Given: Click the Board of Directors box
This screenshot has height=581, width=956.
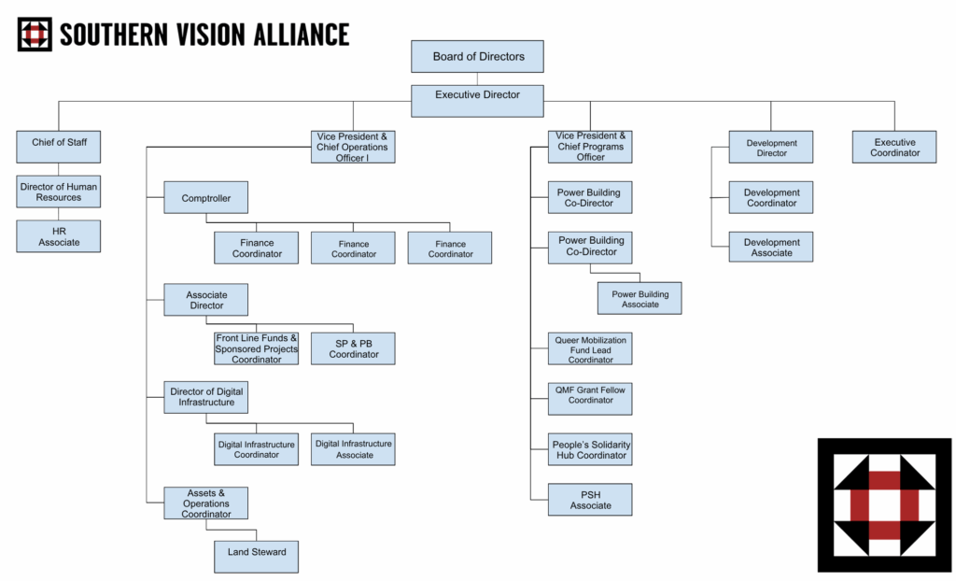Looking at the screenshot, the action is click(x=477, y=57).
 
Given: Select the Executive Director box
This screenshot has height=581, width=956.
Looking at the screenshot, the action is click(x=477, y=101).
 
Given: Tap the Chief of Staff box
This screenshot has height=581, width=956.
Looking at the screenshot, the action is click(x=59, y=147).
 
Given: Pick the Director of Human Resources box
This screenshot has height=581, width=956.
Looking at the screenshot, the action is click(x=59, y=191).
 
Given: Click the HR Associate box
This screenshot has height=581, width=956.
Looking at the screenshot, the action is click(x=59, y=236).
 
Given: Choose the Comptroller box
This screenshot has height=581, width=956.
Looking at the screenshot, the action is click(x=206, y=197).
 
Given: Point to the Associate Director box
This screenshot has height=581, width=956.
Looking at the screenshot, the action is click(x=206, y=300).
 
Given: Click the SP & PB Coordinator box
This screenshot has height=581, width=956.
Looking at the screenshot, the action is click(x=353, y=348).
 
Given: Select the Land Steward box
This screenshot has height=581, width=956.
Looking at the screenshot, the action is click(x=256, y=557).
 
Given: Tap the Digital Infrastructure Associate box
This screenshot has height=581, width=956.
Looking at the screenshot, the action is click(x=353, y=449).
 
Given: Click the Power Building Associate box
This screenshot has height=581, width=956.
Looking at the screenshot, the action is click(x=640, y=298).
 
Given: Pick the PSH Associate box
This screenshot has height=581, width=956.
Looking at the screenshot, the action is click(x=590, y=500).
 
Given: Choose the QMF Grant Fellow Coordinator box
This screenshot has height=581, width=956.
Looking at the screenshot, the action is click(x=590, y=399).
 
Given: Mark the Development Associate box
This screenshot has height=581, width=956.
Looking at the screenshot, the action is click(x=770, y=248).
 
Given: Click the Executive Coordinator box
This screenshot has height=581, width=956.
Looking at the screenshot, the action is click(x=894, y=147).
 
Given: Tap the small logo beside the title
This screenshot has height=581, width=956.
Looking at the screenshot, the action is click(x=35, y=35).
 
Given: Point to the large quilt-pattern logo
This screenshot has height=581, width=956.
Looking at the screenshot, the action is click(x=884, y=505).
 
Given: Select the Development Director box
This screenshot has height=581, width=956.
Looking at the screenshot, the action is click(x=770, y=147).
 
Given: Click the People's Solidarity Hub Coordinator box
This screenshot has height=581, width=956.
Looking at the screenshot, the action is click(x=590, y=450).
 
